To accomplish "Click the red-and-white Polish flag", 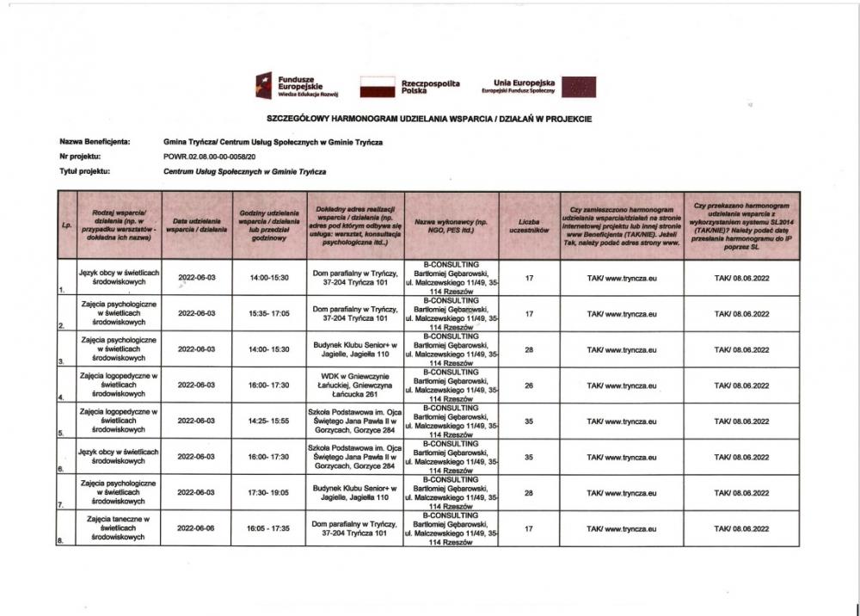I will coord(376,86).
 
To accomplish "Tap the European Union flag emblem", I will coord(578,87).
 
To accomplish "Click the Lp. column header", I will coord(67,226).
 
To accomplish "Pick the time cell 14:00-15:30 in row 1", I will coord(270,278).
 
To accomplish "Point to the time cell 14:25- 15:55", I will coord(270,422).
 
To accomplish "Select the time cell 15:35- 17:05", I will coord(270,314).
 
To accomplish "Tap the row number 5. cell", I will coord(61,434).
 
